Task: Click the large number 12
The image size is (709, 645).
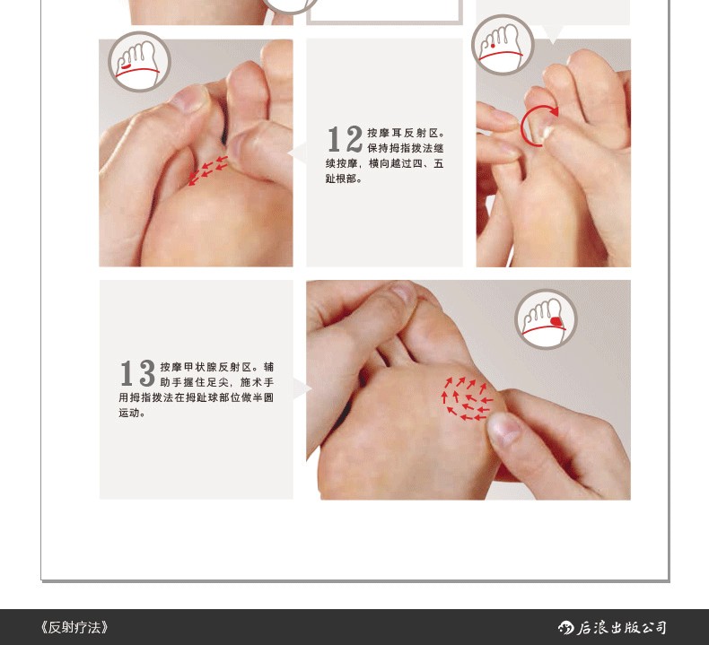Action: (x=345, y=139)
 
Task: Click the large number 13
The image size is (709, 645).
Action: (x=138, y=373)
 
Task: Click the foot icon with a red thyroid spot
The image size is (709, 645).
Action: (x=547, y=319)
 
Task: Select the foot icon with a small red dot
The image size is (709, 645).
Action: (x=503, y=45)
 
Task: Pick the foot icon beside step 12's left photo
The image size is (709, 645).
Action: (x=139, y=62)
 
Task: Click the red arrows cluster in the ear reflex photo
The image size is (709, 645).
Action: (x=207, y=170)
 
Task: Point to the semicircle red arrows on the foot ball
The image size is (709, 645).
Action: (x=466, y=398)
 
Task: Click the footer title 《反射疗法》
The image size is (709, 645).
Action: (x=74, y=627)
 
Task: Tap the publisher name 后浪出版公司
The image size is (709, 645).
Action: (x=621, y=627)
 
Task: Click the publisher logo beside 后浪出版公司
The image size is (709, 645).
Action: (x=565, y=627)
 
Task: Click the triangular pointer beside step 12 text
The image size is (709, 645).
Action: (x=297, y=153)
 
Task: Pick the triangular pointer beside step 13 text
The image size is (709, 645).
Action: (x=302, y=388)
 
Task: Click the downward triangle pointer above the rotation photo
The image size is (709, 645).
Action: (x=553, y=34)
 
